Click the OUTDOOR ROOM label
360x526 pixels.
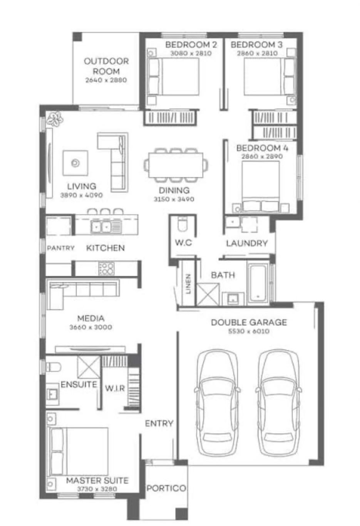coord(106,66)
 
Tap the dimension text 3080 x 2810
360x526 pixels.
coord(191,53)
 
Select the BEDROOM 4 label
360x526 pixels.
coord(262,148)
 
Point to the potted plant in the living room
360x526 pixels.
coord(54,119)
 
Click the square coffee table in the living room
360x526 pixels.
coord(75,163)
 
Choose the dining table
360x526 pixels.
coord(176,165)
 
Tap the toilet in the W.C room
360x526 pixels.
coord(183,224)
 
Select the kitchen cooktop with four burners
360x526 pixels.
coord(107,269)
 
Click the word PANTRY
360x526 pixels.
coord(61,248)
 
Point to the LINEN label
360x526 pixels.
coord(188,284)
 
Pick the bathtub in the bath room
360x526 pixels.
coord(258,283)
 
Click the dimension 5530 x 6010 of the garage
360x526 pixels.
coord(249,331)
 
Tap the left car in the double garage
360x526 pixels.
coord(217,400)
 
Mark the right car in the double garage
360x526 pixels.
coord(279,400)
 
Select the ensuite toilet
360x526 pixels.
coord(53,367)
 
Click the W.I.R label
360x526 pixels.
coord(115,388)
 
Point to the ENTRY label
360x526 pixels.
coord(159,423)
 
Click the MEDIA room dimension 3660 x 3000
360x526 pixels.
coord(90,327)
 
